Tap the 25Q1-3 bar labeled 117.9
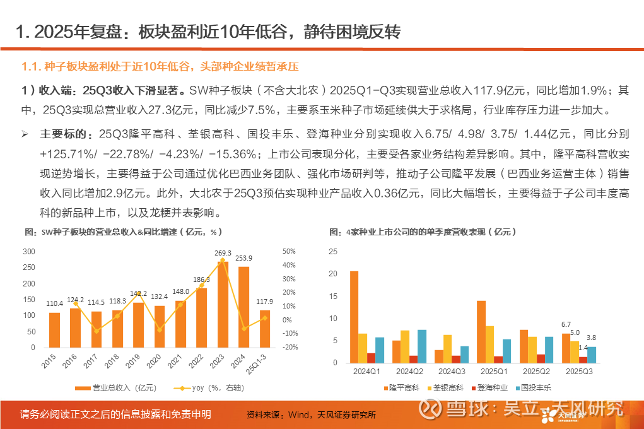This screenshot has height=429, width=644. [265, 329]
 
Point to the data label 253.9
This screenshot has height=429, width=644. [244, 258]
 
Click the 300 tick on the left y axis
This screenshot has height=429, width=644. [29, 252]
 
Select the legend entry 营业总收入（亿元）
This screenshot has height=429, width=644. [117, 388]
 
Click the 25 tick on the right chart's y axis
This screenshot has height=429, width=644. [334, 252]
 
